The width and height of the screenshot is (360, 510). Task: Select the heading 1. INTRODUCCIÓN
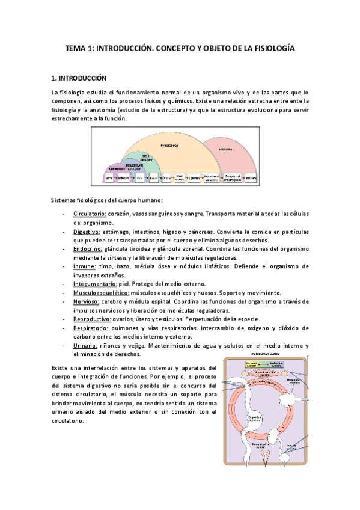click(x=78, y=78)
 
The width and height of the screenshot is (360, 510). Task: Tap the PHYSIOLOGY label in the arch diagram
click(x=170, y=146)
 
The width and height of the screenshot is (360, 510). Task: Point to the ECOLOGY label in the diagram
click(x=225, y=149)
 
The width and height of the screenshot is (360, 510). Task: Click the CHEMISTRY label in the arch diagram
click(x=114, y=169)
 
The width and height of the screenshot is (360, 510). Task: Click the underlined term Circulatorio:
click(x=90, y=214)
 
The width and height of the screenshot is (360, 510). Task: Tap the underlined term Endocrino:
click(x=88, y=248)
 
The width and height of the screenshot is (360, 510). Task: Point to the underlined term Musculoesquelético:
click(x=99, y=292)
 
